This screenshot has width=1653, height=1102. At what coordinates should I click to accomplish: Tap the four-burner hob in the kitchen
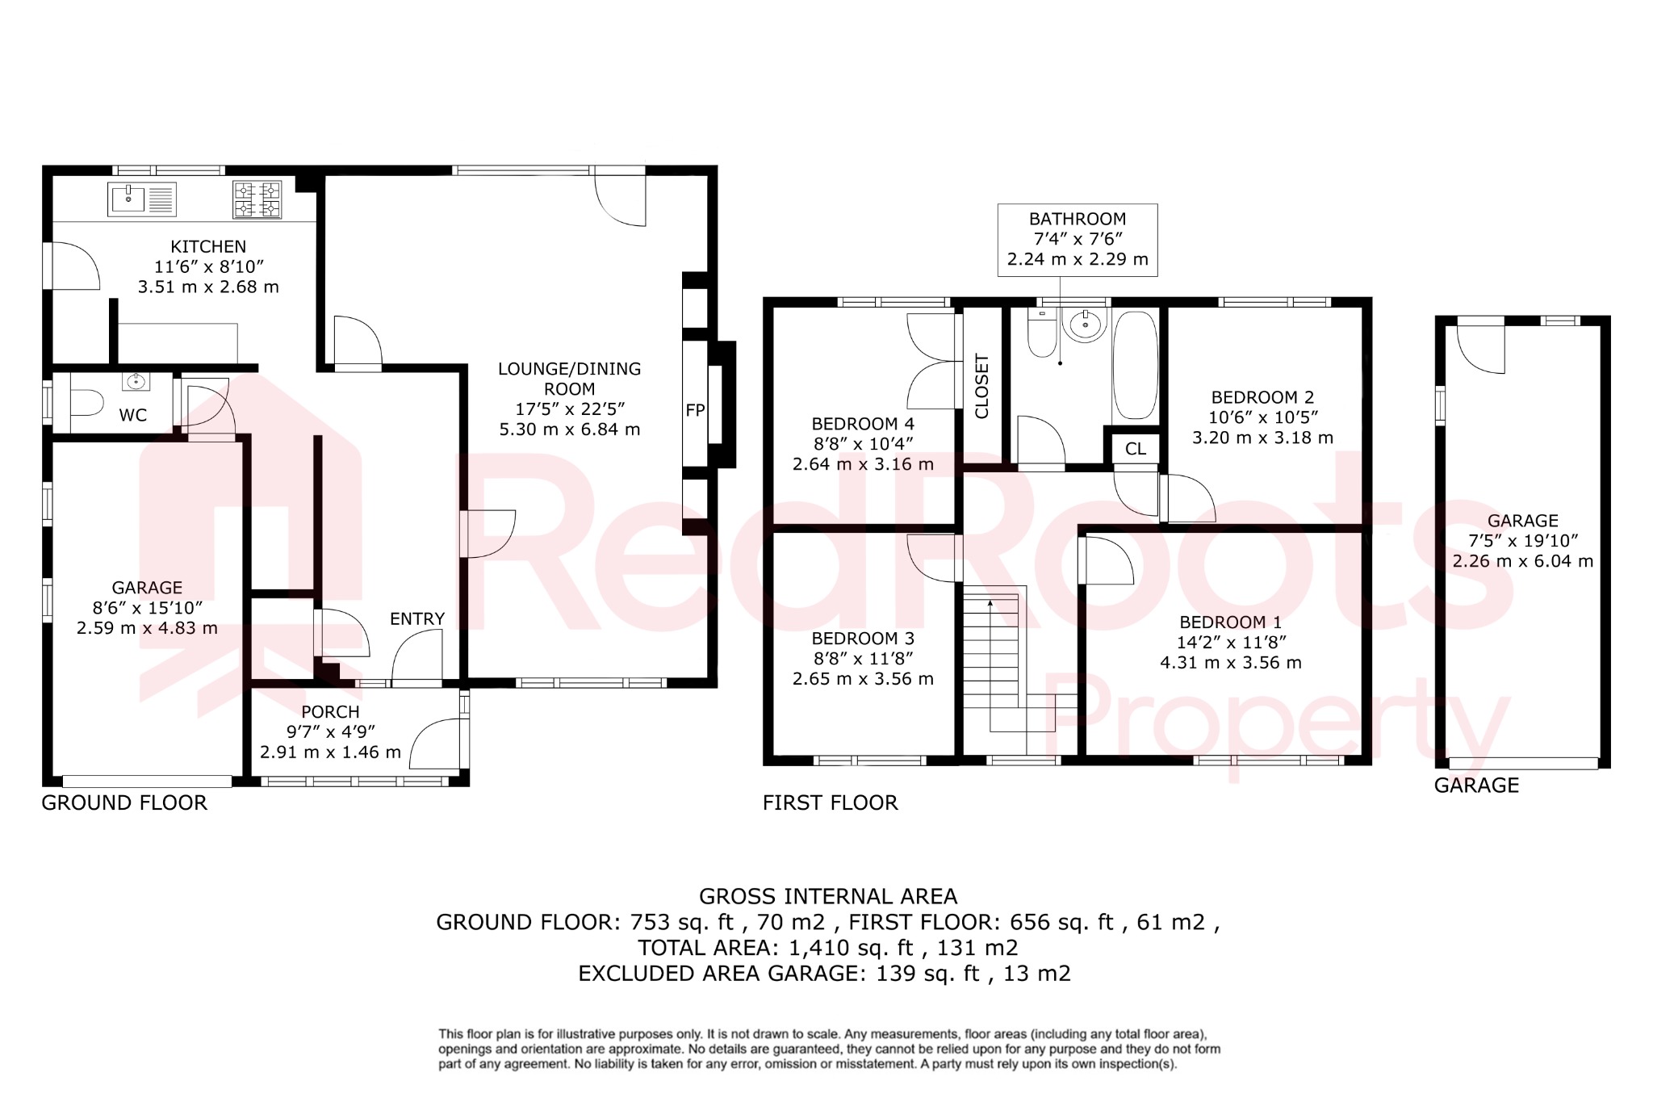click(x=257, y=199)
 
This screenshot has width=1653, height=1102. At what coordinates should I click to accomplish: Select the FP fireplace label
click(x=695, y=410)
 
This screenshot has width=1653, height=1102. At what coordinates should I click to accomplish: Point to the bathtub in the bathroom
click(x=1135, y=365)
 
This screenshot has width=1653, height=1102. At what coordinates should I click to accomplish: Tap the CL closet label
click(x=1136, y=449)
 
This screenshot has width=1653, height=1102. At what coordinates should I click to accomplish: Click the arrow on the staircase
click(x=990, y=602)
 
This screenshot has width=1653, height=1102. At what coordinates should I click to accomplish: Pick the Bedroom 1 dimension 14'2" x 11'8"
click(x=1231, y=643)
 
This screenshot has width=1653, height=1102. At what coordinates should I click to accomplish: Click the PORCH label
click(x=330, y=712)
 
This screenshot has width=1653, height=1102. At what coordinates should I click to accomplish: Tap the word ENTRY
click(x=417, y=619)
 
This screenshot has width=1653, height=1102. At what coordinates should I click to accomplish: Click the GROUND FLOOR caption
click(x=124, y=803)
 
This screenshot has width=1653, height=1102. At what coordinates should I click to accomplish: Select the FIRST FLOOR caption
click(x=830, y=803)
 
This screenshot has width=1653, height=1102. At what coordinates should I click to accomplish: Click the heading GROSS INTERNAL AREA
click(x=828, y=897)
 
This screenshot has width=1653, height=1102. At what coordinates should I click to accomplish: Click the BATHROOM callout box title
click(x=1077, y=219)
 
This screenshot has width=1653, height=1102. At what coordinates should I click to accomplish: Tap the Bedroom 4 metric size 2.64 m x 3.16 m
click(x=863, y=464)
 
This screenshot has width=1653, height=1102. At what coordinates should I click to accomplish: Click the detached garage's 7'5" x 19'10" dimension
click(x=1522, y=541)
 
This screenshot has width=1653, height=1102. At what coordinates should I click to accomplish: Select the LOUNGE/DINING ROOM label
click(x=569, y=379)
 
